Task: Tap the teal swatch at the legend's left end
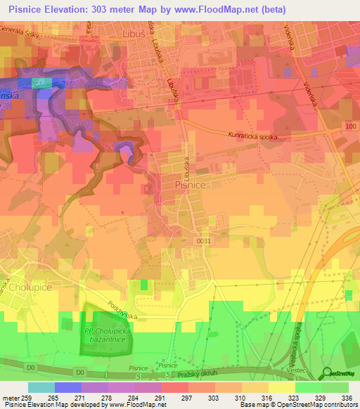click(41, 387)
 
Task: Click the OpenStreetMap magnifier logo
click(326, 373)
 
